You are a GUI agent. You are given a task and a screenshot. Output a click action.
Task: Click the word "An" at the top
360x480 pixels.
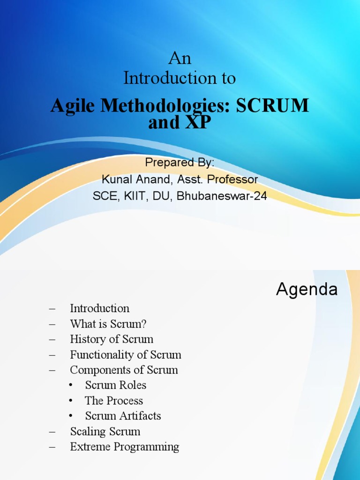click(x=180, y=59)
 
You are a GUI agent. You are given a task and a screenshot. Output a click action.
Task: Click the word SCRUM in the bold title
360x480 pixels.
click(x=272, y=105)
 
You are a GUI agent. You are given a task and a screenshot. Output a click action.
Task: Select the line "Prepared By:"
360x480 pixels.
click(x=180, y=163)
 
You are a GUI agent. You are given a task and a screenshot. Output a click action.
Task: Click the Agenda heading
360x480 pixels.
click(x=307, y=289)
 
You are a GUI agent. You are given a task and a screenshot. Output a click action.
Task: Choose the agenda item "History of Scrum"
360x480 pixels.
click(x=112, y=339)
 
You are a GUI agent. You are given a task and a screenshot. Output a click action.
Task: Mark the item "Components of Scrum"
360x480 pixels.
click(x=124, y=370)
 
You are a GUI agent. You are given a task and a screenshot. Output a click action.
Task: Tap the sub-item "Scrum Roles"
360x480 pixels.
click(x=115, y=385)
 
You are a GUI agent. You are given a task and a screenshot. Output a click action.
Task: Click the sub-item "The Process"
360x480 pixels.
click(x=114, y=401)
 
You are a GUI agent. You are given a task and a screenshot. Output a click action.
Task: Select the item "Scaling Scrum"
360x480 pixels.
click(x=105, y=431)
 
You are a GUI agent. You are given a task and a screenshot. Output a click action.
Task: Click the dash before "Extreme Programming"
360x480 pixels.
click(x=52, y=447)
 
